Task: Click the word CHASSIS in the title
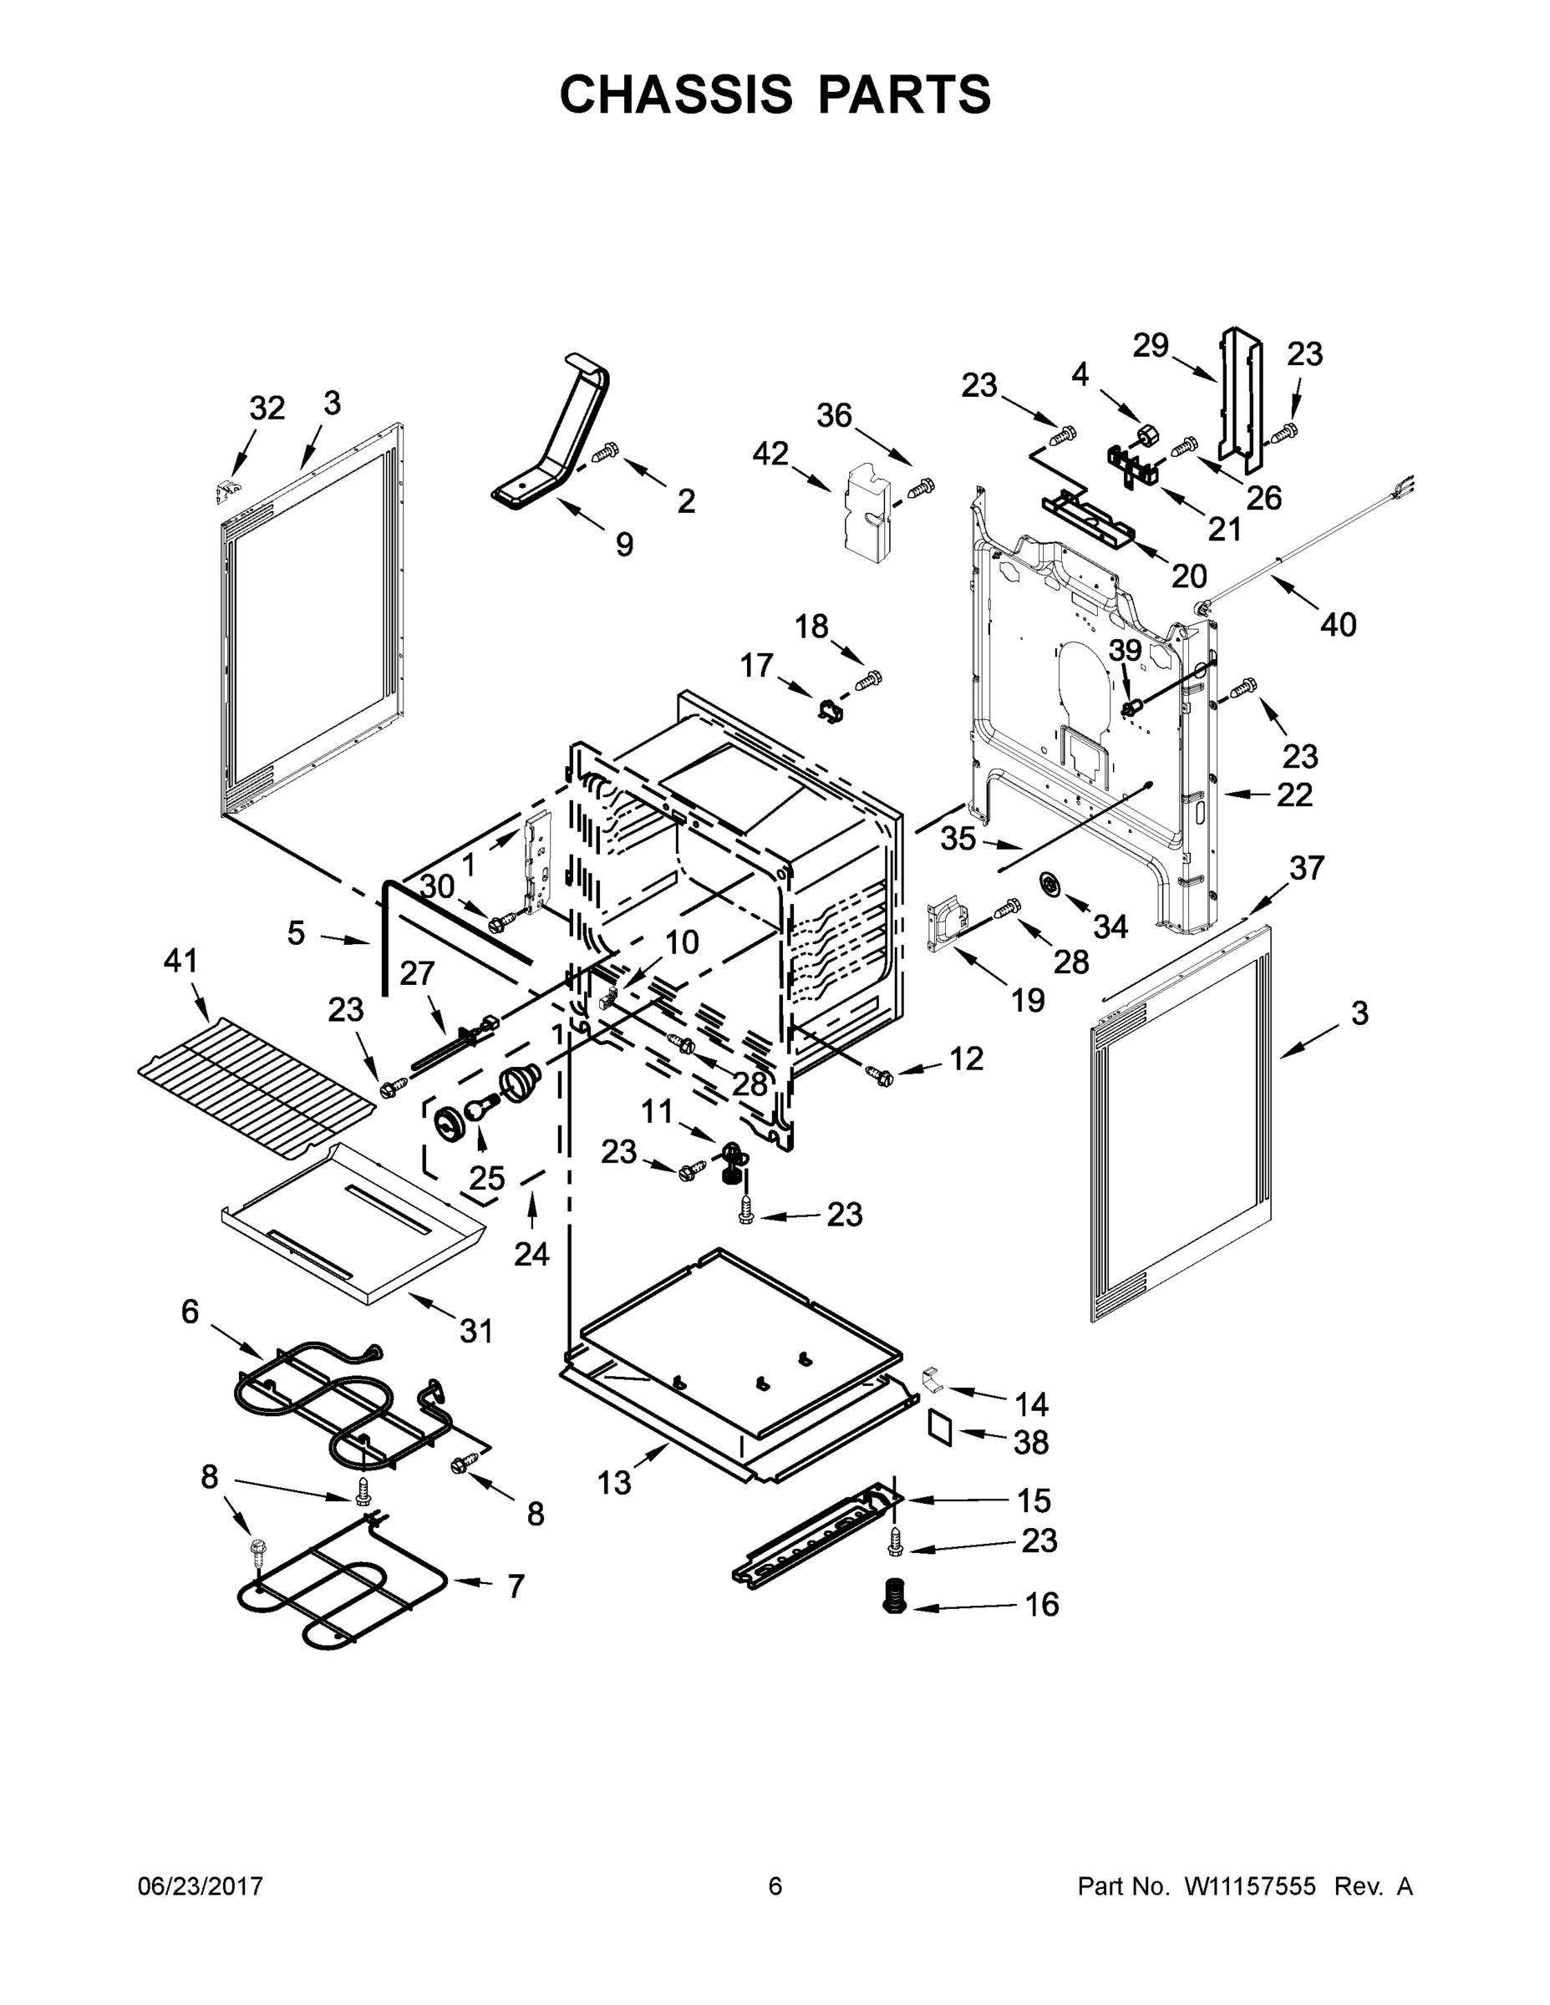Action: coord(676,94)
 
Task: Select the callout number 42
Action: coord(770,453)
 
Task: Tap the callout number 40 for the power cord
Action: coord(1338,624)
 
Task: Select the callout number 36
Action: coord(834,416)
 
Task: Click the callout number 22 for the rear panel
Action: coord(1294,794)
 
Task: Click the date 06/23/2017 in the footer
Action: coord(201,1886)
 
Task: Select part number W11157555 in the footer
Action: coord(1250,1886)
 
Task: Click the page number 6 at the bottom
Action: coord(775,1886)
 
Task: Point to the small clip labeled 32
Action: coord(222,492)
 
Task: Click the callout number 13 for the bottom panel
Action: coord(614,1482)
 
